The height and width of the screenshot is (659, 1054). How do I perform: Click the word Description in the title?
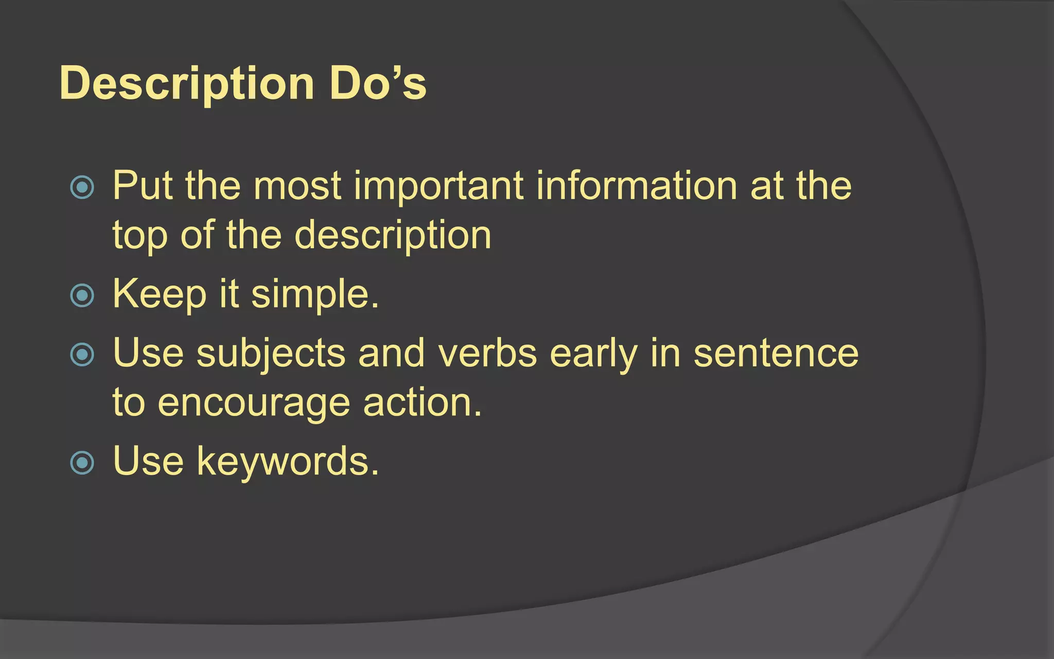186,84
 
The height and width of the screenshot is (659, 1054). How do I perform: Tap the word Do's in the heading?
378,83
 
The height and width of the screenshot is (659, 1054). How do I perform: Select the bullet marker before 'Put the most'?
82,187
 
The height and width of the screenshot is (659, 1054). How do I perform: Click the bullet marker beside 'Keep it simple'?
82,296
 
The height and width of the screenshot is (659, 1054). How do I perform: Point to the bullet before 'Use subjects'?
82,355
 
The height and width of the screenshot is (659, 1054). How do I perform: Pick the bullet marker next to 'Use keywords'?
82,462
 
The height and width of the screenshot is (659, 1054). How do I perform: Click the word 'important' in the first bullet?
438,186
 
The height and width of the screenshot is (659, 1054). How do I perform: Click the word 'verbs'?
487,354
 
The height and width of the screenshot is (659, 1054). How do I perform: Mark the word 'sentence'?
776,354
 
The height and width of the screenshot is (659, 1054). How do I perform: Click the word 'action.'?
422,403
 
